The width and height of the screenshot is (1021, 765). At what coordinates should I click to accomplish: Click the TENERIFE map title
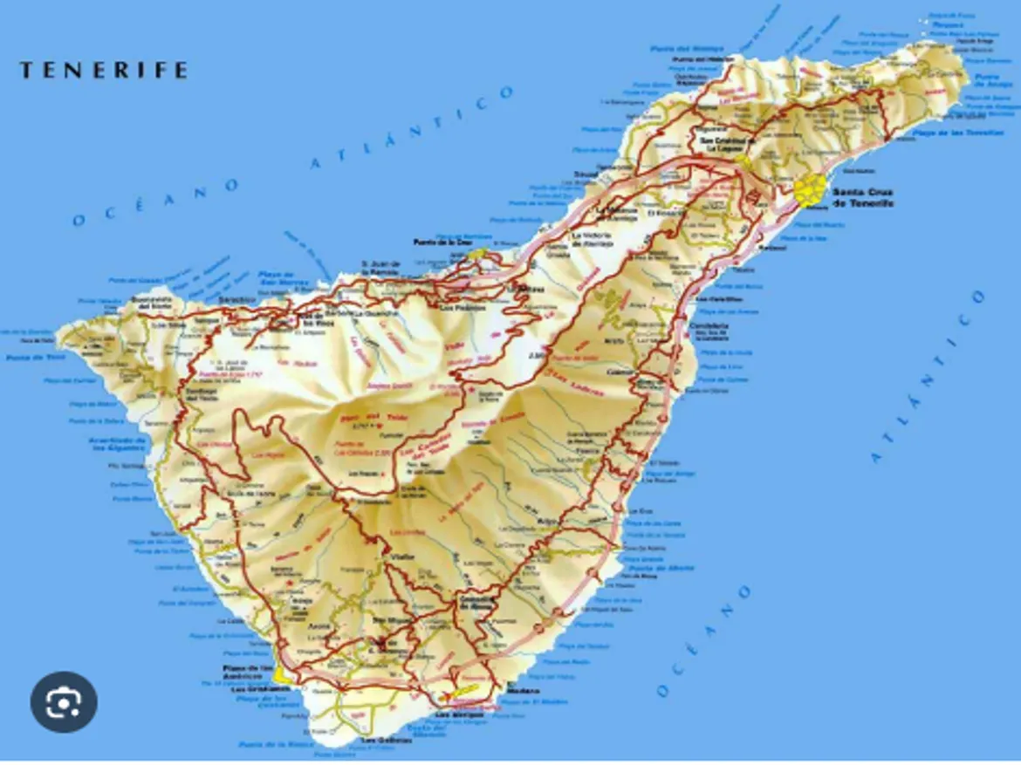(x=104, y=70)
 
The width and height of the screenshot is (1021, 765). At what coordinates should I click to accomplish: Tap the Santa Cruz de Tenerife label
(x=863, y=197)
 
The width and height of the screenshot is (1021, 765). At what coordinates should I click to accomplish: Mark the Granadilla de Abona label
(x=477, y=603)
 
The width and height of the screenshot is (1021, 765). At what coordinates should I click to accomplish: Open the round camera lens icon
(x=64, y=701)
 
